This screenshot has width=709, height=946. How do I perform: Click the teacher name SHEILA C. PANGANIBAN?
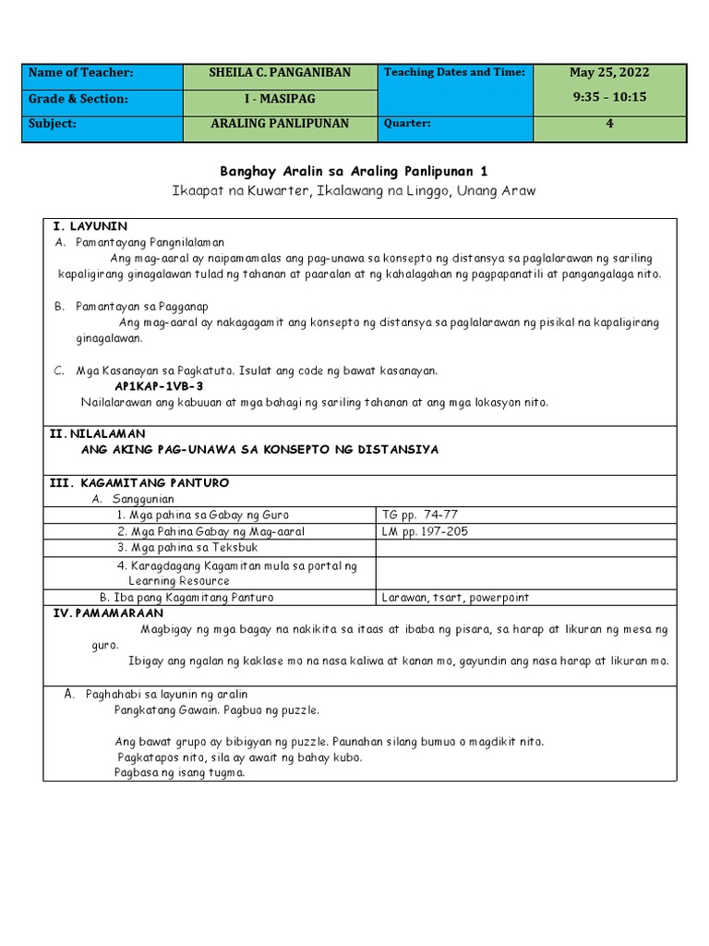280,73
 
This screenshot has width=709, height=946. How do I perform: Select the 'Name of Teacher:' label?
81,73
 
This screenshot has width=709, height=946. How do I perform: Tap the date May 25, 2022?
609,73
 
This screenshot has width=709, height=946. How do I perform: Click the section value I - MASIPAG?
280,99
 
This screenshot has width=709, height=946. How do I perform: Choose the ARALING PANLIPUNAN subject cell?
280,124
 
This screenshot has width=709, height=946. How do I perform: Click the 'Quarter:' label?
406,124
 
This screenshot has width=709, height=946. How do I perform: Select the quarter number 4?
609,124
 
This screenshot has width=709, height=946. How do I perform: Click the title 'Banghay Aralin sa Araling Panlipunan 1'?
354,172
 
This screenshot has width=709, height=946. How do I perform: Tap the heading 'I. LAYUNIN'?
90,226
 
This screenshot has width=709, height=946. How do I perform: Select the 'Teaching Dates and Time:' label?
454,72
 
